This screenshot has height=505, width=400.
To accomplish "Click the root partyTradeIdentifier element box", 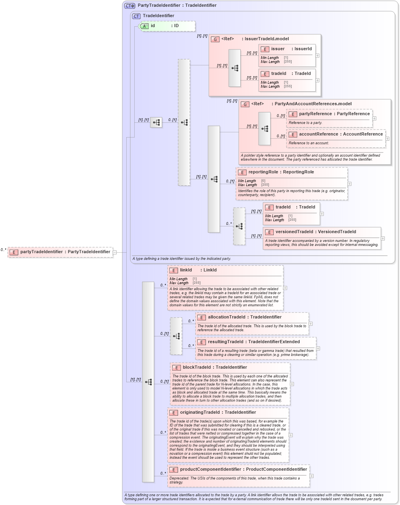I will pos(60,252).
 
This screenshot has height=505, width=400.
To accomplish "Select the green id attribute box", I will pos(167,26).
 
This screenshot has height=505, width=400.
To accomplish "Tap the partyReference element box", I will pos(329,114).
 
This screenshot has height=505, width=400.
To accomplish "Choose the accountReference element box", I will pos(336,134).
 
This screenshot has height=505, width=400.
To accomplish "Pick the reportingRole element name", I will pos(281,172).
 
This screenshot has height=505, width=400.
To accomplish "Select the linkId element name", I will pos(186,270).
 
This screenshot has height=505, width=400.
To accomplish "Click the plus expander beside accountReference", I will pos(387,139).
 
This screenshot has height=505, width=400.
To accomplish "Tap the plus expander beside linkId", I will pos(285,288).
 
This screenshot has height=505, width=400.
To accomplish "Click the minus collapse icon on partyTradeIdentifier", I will pos(115,252).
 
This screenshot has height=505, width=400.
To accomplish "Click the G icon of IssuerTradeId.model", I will pos(215,39).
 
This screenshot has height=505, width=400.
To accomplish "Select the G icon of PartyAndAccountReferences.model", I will pos(245,104).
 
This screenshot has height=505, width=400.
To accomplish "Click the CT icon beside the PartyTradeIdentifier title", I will pos(130,6).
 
